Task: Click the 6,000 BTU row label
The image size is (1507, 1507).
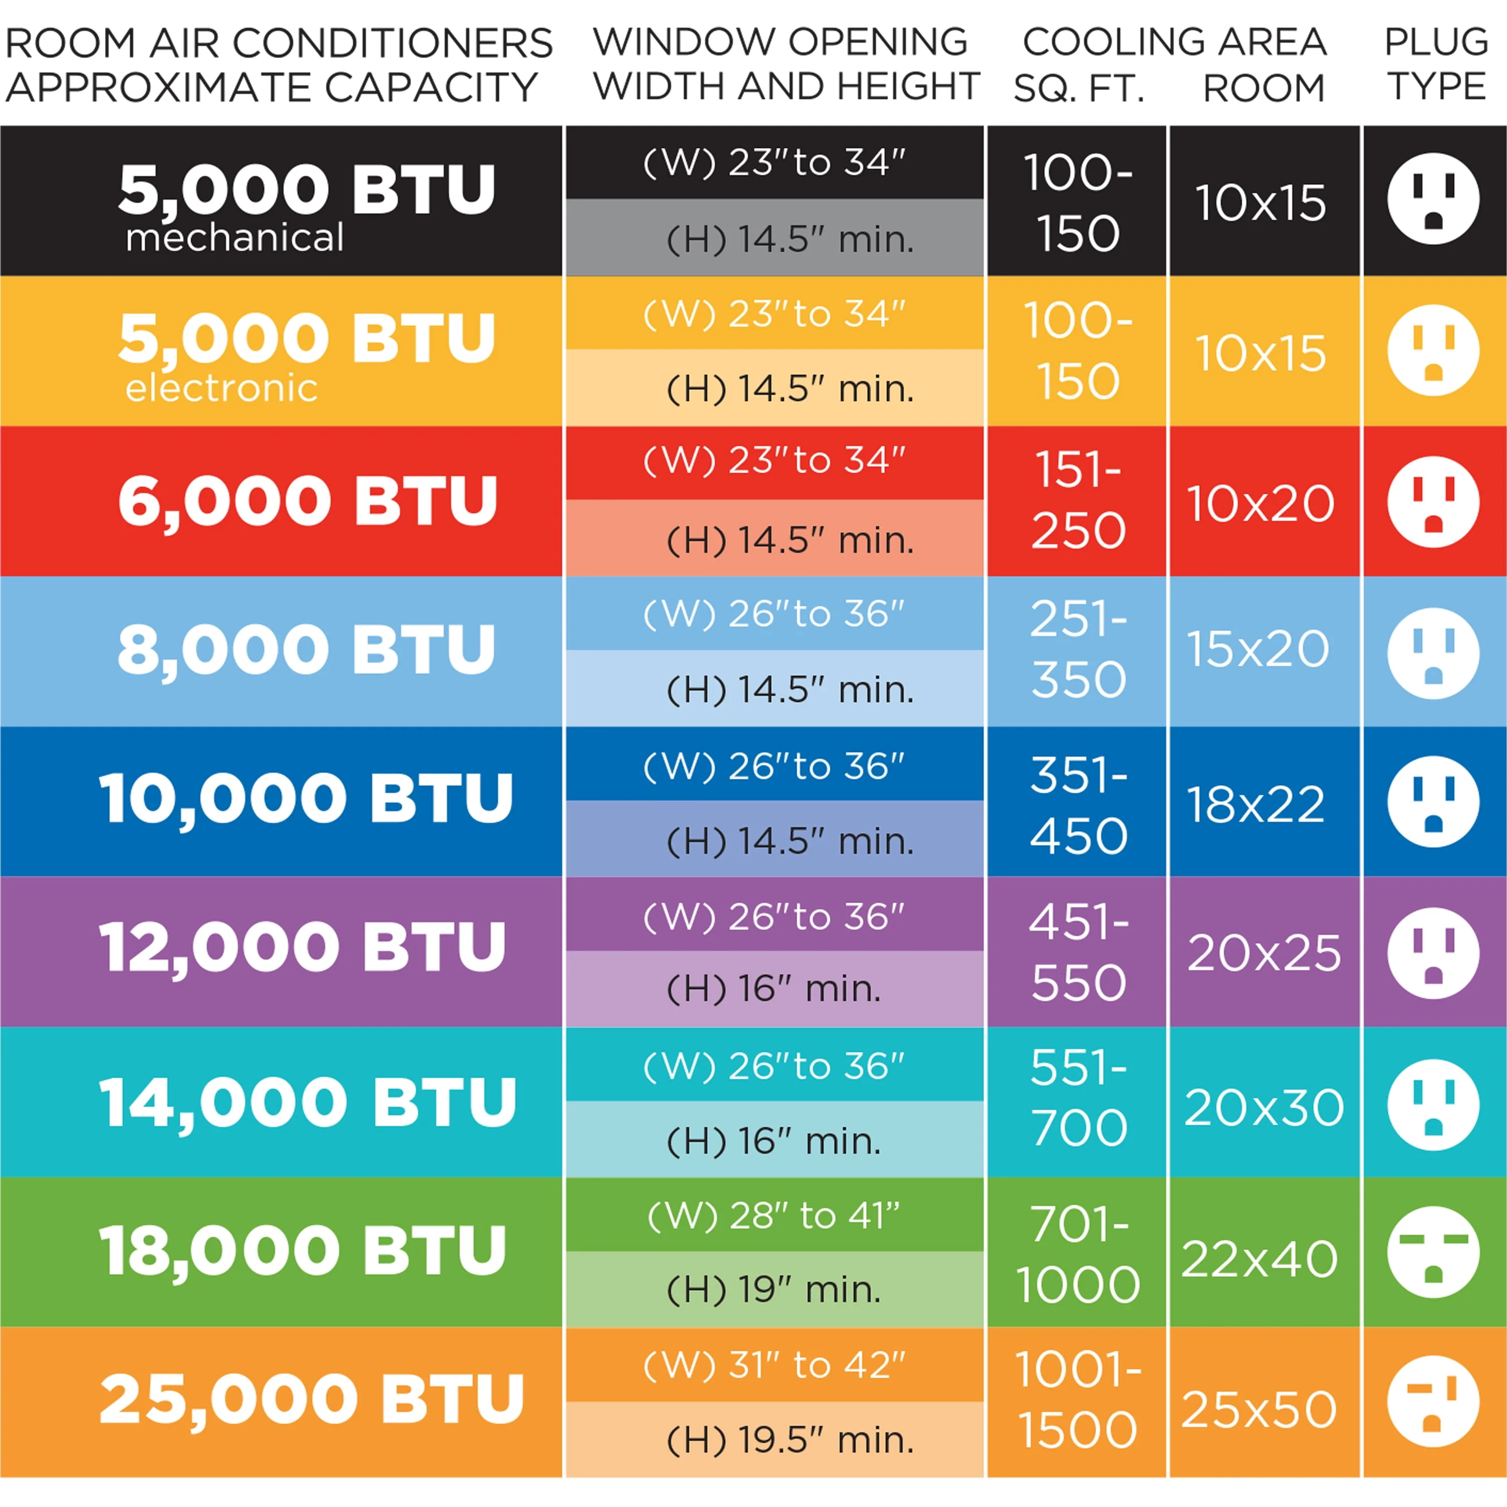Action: point(307,501)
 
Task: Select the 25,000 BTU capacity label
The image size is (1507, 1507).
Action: point(311,1398)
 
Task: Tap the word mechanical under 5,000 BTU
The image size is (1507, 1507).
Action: point(234,237)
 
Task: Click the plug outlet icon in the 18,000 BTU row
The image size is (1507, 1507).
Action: point(1433,1252)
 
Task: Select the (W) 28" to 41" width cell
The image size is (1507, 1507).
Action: point(774,1215)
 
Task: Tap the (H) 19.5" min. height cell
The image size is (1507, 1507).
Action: point(789,1440)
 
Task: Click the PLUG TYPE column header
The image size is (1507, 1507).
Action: point(1435,64)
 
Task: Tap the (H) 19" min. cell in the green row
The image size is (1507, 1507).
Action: point(774,1289)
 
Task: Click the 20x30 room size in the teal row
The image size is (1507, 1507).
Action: point(1264,1107)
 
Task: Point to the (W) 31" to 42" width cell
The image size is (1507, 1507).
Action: point(774,1365)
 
